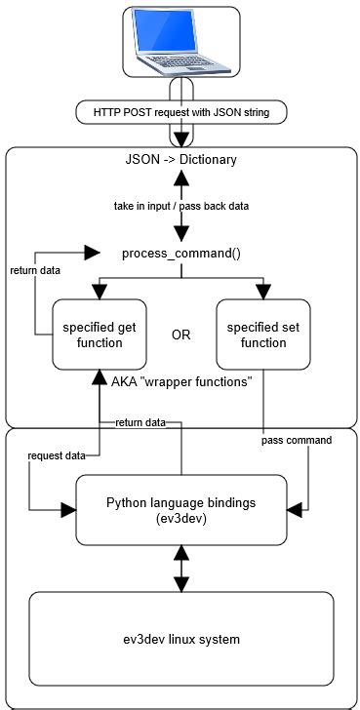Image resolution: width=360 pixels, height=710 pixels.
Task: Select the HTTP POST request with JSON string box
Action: [x=181, y=114]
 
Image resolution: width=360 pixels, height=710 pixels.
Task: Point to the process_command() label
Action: [x=181, y=254]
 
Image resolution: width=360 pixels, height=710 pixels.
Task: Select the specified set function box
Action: [x=262, y=334]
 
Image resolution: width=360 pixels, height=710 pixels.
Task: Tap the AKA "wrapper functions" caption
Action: [x=181, y=381]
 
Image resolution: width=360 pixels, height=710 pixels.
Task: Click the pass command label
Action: [x=299, y=440]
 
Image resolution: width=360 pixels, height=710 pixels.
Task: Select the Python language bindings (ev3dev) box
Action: [x=181, y=509]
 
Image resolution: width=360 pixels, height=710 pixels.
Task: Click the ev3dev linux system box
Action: [x=181, y=639]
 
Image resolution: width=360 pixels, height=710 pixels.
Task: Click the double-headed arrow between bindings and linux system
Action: [x=181, y=567]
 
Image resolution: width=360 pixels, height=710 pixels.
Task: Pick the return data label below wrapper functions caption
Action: [x=140, y=422]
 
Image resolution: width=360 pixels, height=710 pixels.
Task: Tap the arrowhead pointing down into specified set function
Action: [x=262, y=292]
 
